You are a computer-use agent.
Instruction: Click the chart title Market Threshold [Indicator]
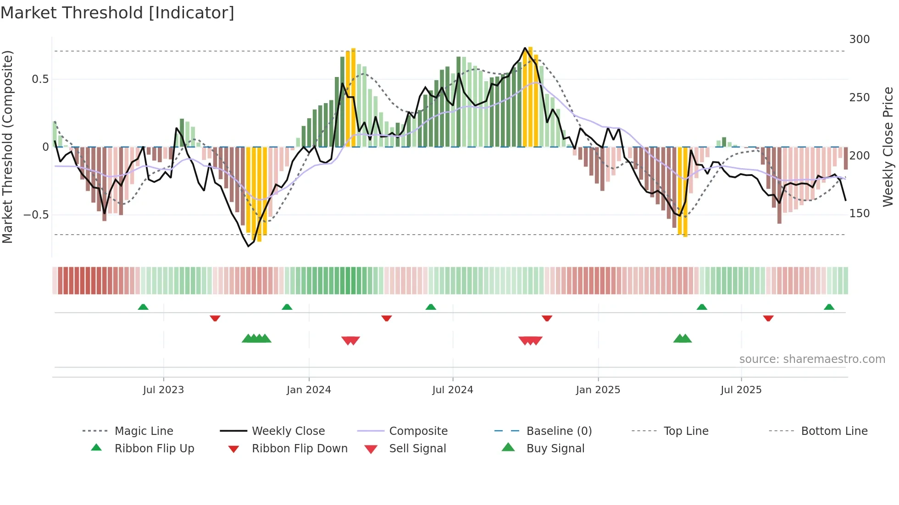coord(117,13)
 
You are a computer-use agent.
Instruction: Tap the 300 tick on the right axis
coord(859,39)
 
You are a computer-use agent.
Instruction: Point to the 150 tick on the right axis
coord(859,214)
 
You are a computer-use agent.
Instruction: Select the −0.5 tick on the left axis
coord(36,215)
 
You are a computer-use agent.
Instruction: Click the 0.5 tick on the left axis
coord(40,79)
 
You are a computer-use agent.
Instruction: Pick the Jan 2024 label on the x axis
coord(309,390)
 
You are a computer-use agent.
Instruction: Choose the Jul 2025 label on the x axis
coord(741,390)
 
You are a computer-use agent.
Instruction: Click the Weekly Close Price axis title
coord(888,147)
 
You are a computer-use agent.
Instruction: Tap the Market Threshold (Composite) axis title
coord(8,147)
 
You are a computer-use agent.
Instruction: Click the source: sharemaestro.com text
coord(812,359)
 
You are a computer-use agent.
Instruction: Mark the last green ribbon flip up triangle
coord(829,307)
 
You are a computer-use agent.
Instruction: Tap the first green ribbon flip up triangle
coord(143,307)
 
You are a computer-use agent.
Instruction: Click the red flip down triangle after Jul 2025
coord(768,318)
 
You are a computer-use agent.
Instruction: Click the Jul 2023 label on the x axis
coord(163,390)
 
